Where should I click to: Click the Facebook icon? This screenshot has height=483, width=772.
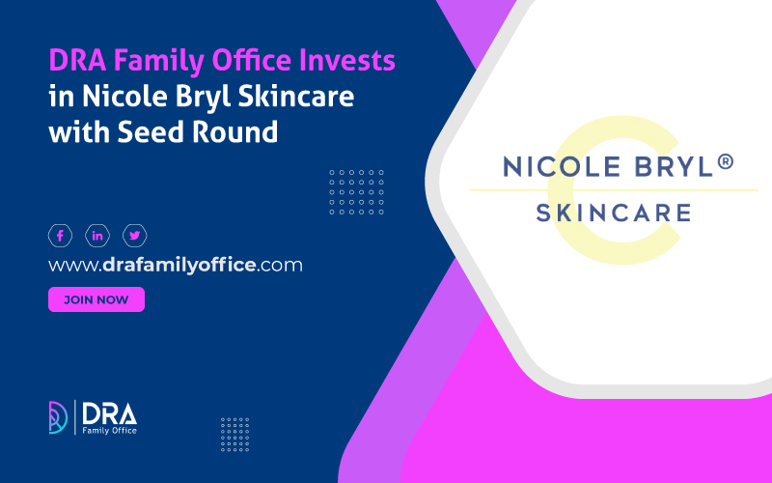pyautogui.click(x=60, y=236)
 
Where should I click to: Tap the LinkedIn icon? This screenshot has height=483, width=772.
pyautogui.click(x=97, y=236)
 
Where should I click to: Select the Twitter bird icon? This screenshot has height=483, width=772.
pyautogui.click(x=135, y=236)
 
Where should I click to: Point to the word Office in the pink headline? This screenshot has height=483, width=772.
pyautogui.click(x=252, y=60)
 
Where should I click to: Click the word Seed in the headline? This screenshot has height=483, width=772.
pyautogui.click(x=151, y=132)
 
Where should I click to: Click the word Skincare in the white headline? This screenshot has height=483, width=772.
pyautogui.click(x=296, y=96)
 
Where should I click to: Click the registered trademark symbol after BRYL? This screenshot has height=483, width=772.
pyautogui.click(x=726, y=161)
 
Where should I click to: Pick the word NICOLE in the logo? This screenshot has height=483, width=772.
pyautogui.click(x=562, y=166)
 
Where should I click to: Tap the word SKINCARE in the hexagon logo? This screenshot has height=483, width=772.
pyautogui.click(x=614, y=213)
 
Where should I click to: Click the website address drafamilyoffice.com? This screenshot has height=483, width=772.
pyautogui.click(x=176, y=265)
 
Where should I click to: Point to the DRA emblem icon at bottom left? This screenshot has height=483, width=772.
pyautogui.click(x=58, y=417)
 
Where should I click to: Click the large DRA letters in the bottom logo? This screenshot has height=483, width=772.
pyautogui.click(x=109, y=414)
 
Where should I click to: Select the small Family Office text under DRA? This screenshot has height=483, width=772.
pyautogui.click(x=109, y=430)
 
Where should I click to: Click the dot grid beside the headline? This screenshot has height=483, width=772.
pyautogui.click(x=356, y=192)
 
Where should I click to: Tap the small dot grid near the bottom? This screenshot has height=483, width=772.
pyautogui.click(x=234, y=435)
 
